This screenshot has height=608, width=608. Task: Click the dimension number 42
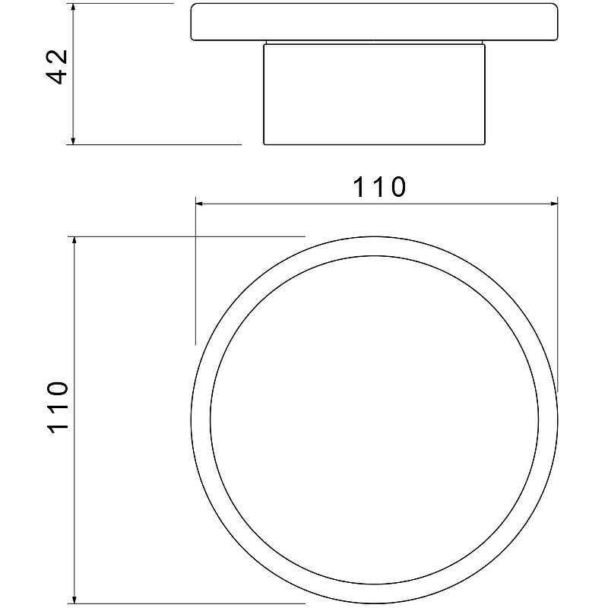pos(57,67)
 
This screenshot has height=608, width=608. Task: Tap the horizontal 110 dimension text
pos(378,187)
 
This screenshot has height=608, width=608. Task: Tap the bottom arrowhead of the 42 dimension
pos(73,140)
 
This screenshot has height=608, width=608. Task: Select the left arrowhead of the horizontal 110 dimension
pos(201,203)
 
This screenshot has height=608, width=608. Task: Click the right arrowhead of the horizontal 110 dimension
pos(553,203)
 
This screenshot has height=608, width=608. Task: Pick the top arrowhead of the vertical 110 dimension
pos(74,242)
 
